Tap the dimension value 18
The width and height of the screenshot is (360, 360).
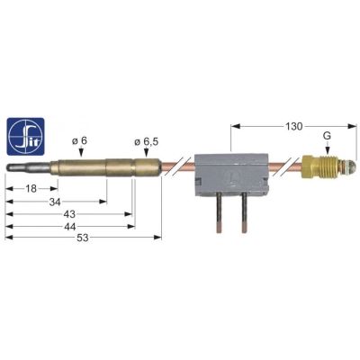pos(30,189)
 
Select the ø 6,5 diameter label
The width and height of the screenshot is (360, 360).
pos(145,140)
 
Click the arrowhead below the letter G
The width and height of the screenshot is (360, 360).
pos(327,153)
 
